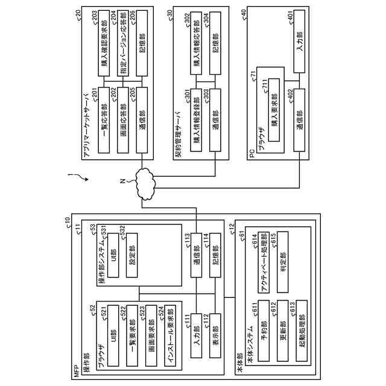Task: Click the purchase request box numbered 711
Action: pos(274,109)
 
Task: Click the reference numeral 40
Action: pos(244,12)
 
